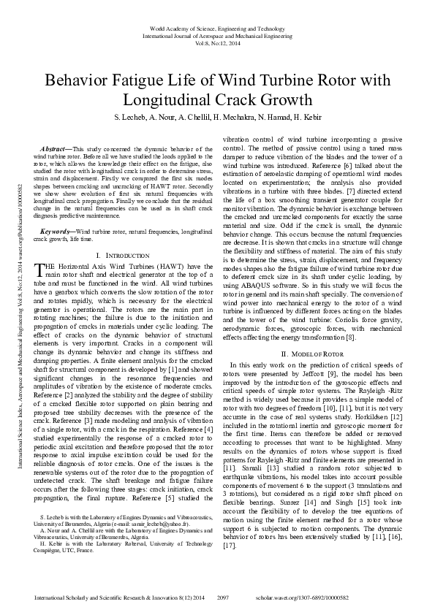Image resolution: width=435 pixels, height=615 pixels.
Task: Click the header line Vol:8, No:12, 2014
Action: (x=217, y=42)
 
